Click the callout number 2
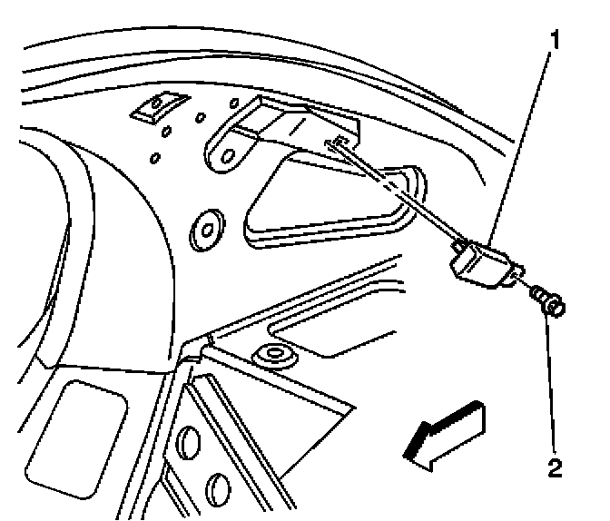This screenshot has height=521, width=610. tap(554, 468)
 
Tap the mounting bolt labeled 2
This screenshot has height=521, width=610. tap(547, 301)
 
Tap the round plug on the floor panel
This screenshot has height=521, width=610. tap(274, 353)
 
